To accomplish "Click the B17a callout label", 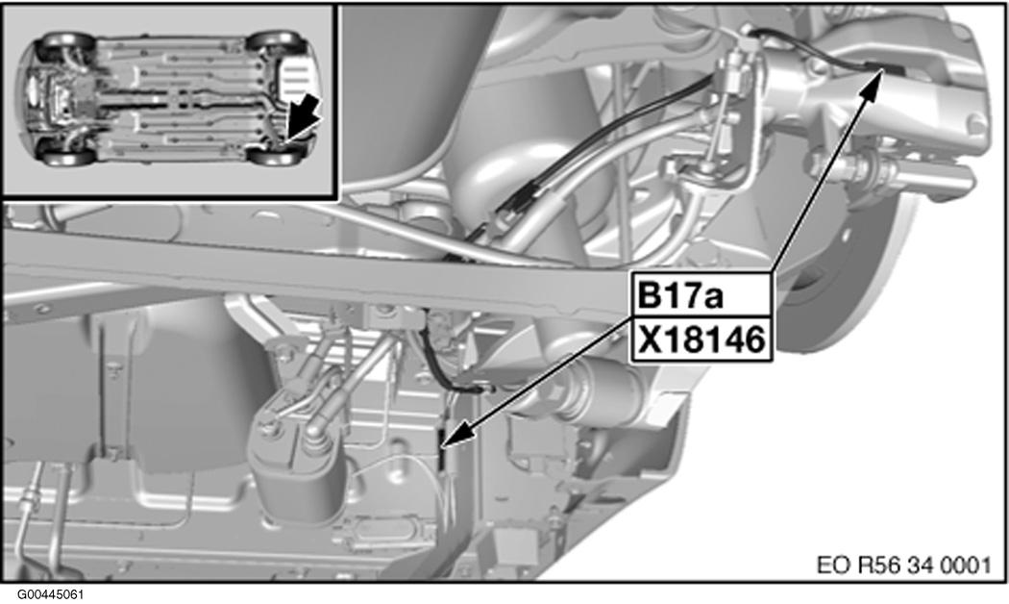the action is [x=701, y=295].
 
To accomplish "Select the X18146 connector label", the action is [x=701, y=340].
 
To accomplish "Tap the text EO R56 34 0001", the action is [x=904, y=566].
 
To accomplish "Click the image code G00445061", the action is [x=50, y=594].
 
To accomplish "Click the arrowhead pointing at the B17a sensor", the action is [x=872, y=80].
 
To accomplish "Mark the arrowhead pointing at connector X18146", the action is [x=453, y=438].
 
